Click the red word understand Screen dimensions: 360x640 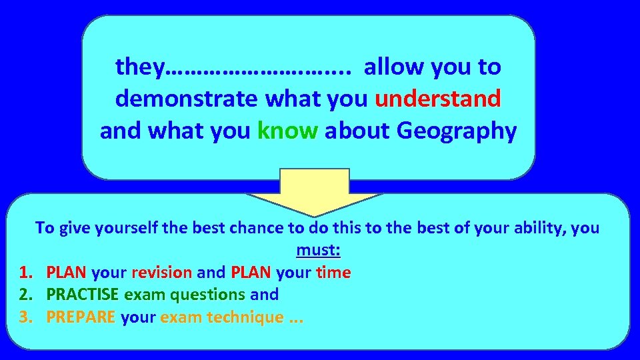pos(437,99)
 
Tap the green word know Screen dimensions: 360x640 pos(287,131)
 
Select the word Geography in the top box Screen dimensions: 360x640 pos(457,131)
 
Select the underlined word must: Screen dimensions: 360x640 pos(319,250)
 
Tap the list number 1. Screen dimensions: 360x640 pos(25,273)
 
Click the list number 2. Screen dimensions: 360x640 pos(25,295)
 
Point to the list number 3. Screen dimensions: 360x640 pos(25,317)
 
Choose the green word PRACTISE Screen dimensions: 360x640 pos(83,295)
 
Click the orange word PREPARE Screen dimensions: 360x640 pos(81,317)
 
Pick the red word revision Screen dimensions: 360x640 pos(162,273)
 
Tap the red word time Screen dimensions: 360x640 pos(335,273)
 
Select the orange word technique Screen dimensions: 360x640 pos(245,317)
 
